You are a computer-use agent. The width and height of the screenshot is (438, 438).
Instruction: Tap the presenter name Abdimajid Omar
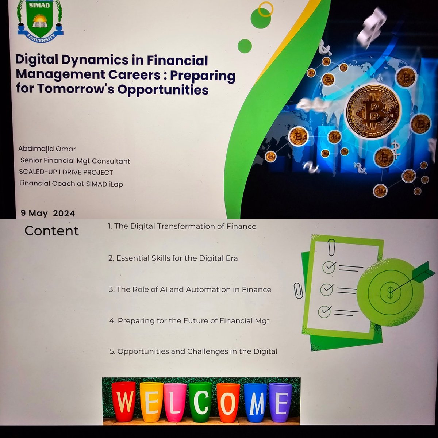[47, 149]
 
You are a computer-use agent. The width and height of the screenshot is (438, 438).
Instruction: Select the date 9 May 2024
[48, 213]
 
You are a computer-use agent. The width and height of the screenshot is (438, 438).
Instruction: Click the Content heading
[51, 231]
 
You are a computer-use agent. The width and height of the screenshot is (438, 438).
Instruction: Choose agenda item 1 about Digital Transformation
[182, 226]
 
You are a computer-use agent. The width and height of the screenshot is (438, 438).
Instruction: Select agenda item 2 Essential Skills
[173, 258]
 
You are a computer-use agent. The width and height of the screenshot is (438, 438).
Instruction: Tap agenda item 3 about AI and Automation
[190, 289]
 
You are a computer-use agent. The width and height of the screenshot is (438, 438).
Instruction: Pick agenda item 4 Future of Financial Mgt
[189, 321]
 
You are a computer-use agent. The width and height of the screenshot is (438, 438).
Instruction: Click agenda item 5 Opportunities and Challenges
[193, 351]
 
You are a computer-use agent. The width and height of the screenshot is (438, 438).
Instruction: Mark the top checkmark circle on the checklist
[329, 268]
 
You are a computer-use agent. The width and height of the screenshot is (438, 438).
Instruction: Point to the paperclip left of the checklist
[298, 291]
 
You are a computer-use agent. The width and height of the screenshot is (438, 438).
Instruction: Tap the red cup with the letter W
[125, 401]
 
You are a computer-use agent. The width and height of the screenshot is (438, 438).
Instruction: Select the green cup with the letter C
[200, 401]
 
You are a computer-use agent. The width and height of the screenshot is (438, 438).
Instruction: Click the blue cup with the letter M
[255, 401]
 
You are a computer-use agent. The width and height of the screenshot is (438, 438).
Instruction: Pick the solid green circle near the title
[245, 46]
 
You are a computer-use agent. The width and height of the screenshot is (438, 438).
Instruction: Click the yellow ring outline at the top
[265, 9]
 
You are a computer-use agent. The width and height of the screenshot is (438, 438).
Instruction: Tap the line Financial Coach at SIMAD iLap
[71, 184]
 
